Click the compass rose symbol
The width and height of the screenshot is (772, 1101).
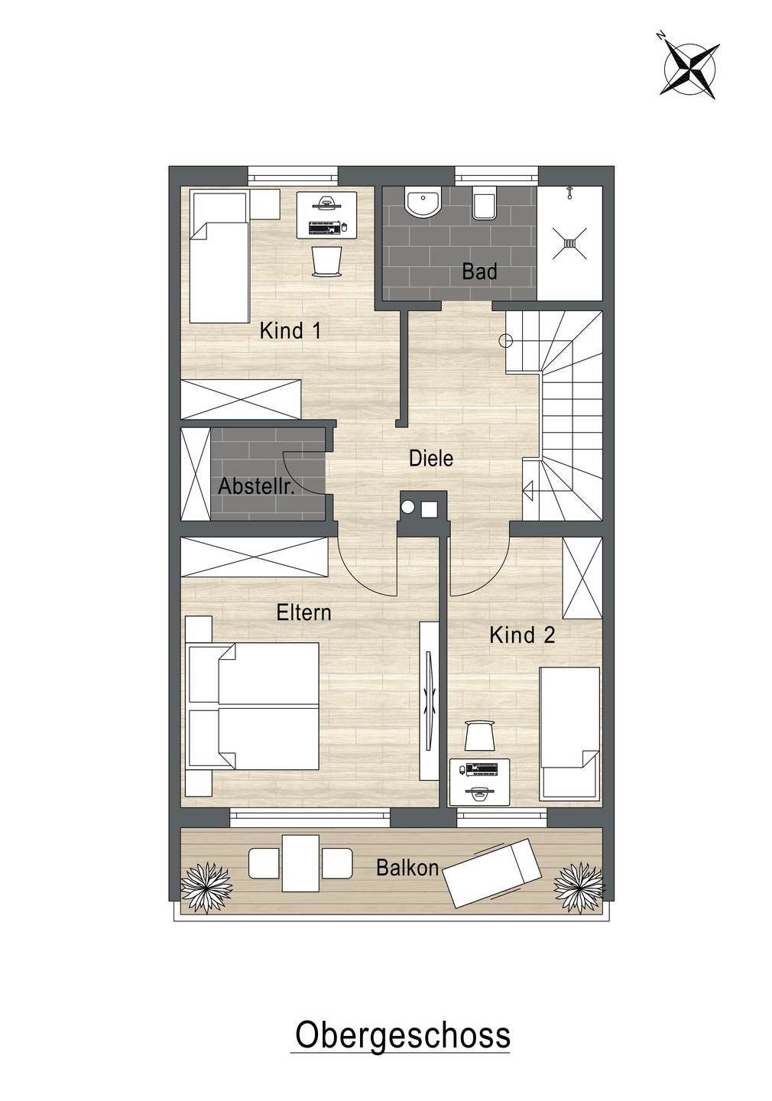tap(689, 67)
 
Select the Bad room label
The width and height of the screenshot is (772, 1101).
tap(479, 271)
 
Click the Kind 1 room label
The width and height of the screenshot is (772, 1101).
tap(290, 331)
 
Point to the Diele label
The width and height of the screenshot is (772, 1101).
tap(431, 458)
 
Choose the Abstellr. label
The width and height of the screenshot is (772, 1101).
tap(257, 486)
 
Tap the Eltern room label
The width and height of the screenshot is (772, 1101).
tap(303, 612)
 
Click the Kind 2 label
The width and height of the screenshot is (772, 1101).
tap(522, 635)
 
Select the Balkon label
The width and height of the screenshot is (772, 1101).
tap(407, 868)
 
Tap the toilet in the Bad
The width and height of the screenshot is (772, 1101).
tap(483, 204)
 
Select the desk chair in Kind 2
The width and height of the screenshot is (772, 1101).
tap(479, 736)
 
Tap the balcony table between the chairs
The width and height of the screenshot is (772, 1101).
tap(300, 862)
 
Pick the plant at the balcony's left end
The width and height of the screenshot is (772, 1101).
tap(204, 883)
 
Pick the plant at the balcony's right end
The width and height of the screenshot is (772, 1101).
tap(579, 885)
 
